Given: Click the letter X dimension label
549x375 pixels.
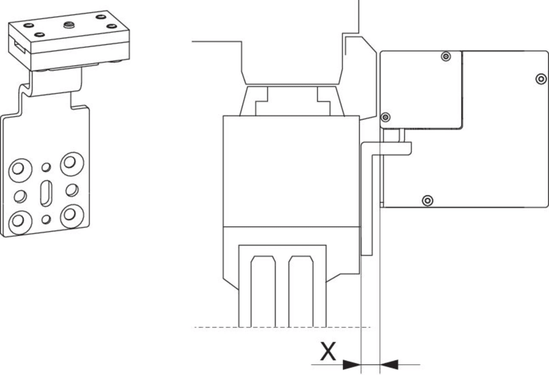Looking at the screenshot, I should [328, 351].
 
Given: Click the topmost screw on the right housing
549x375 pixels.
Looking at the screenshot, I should [446, 57].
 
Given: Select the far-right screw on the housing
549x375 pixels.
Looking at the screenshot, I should [541, 78].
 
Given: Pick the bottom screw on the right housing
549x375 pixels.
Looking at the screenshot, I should [427, 201].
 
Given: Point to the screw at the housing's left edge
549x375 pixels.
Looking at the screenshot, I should [386, 117].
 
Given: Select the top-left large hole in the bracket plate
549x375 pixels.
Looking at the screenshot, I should [19, 167].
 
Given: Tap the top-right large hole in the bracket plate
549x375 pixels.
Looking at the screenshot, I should [70, 162].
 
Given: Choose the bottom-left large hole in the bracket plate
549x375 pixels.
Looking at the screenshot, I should [19, 219].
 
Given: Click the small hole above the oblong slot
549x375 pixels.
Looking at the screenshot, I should [46, 167].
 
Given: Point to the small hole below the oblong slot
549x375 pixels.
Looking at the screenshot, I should [46, 218].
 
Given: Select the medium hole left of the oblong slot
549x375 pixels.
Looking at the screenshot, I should [20, 195].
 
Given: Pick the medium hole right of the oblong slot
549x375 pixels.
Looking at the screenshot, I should [72, 190].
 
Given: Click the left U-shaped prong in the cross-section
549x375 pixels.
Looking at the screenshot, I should [263, 291].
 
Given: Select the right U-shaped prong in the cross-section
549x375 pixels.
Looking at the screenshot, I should [301, 291].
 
